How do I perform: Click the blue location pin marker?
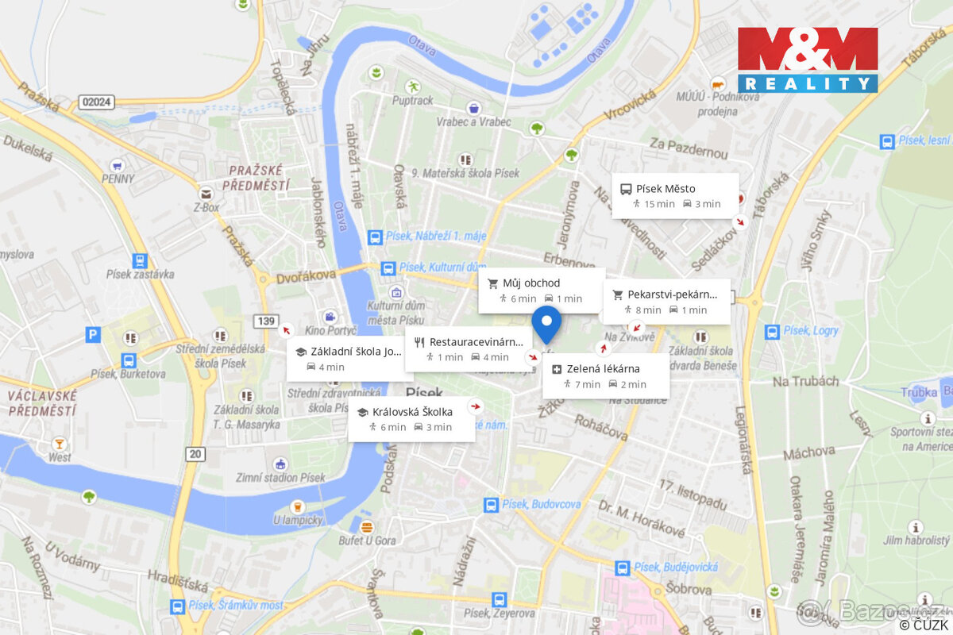546,322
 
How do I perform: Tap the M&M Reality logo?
808,60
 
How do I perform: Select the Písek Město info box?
675,195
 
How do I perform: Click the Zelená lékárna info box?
606,376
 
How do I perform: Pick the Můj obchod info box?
541,291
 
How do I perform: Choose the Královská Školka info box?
411,419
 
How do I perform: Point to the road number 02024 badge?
97,102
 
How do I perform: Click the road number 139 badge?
266,321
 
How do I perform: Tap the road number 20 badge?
195,453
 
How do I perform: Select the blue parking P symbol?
93,335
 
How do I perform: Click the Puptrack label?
413,101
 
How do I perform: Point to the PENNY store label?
118,179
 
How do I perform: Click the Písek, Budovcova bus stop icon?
491,504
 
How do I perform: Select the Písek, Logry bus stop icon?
770,331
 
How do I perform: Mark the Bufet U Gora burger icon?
366,527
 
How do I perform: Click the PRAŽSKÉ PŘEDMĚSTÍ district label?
257,178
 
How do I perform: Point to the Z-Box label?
206,208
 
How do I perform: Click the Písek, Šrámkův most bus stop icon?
177,606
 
